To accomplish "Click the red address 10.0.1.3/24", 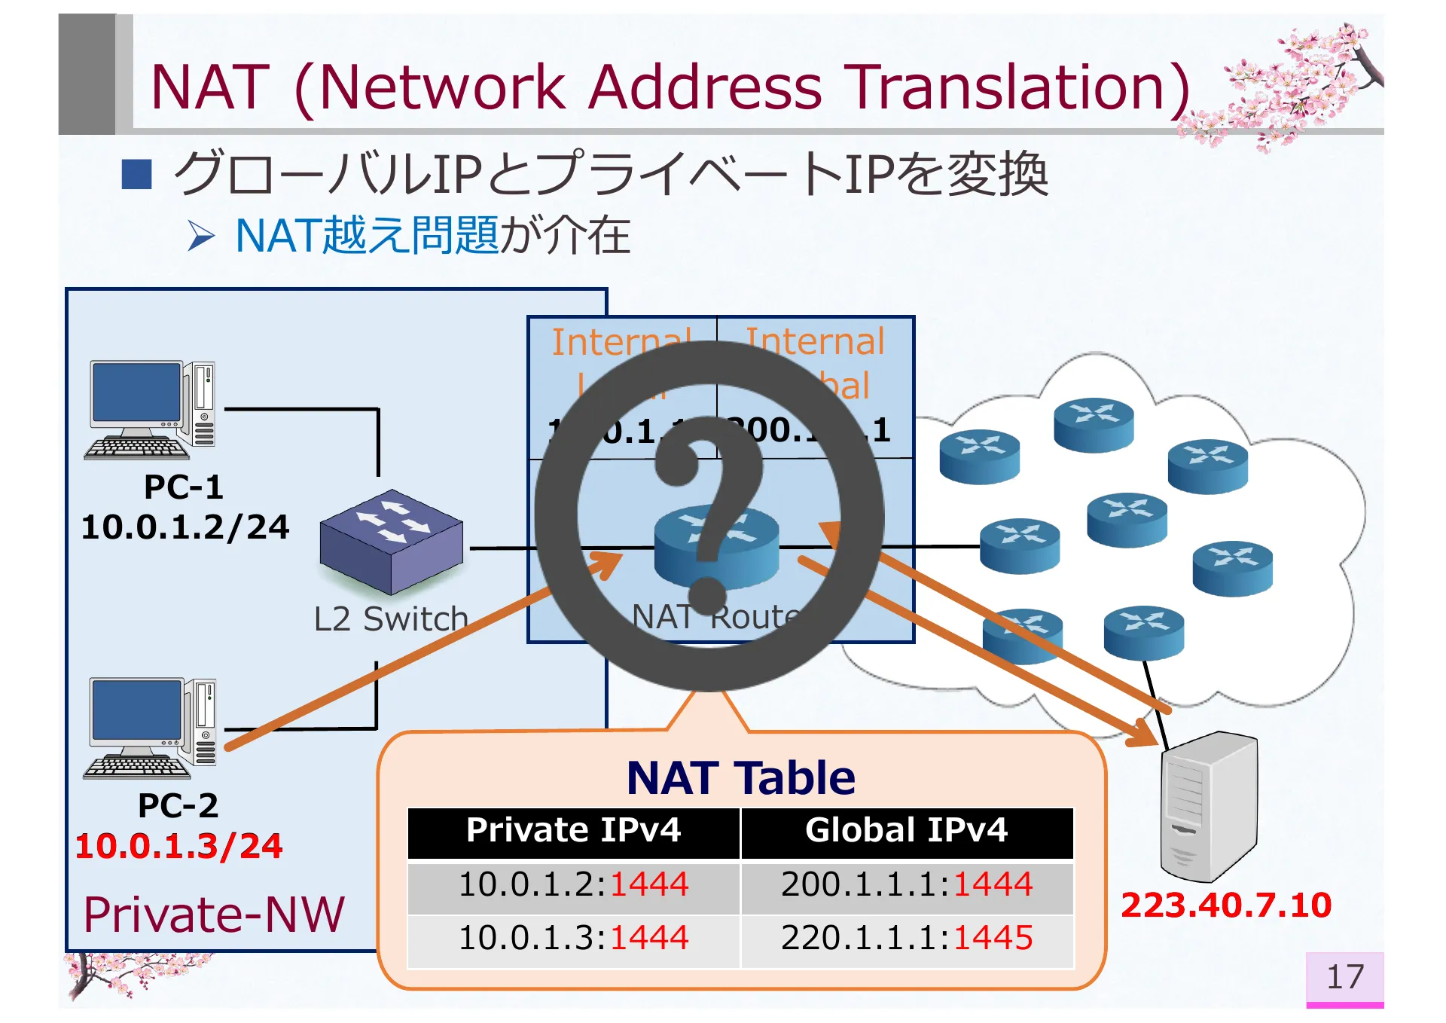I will tap(178, 845).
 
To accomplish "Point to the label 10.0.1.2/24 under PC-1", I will tap(185, 527).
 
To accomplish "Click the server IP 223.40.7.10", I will tap(1225, 905).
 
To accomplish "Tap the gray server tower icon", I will tap(1208, 806).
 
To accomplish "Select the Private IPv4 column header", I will tap(573, 831).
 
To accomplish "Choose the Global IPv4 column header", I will tap(906, 831).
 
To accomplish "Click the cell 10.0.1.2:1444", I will tap(573, 884).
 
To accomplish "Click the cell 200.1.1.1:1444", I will tap(906, 884).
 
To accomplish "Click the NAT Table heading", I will tap(740, 777).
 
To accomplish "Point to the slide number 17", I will tap(1344, 977).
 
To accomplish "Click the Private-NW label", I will tap(214, 915).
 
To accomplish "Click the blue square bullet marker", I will tap(137, 174).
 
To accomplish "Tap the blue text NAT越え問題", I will tap(367, 236).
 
